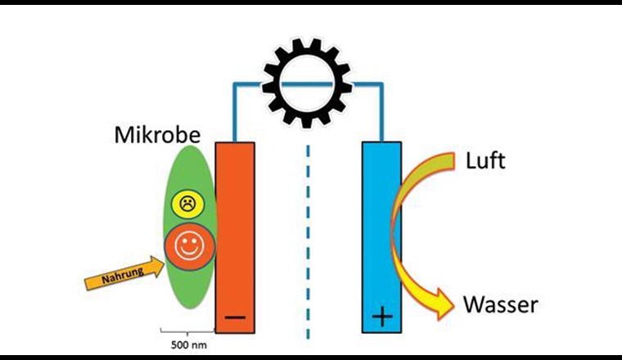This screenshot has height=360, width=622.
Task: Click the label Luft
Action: tap(486, 160)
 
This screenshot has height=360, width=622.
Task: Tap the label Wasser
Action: tap(501, 305)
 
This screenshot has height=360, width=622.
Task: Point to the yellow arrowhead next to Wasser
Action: tap(443, 304)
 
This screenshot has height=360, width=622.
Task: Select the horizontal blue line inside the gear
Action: tap(307, 83)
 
